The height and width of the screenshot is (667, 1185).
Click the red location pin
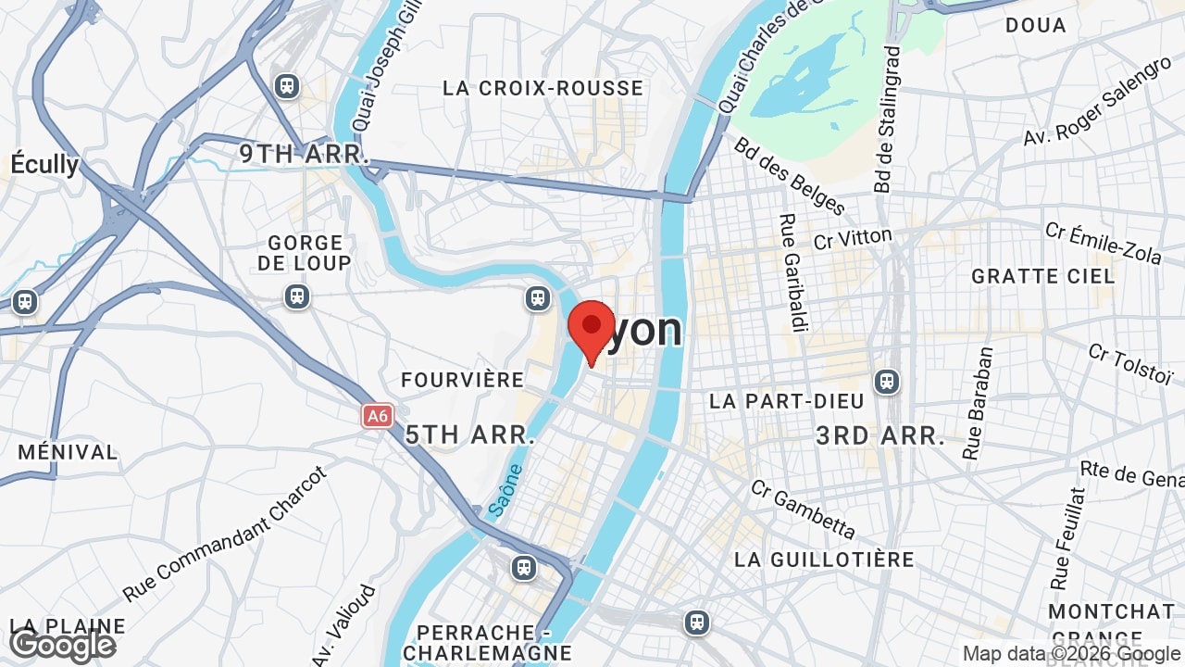pos(592,329)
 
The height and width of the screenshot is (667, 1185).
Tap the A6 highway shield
pos(377,416)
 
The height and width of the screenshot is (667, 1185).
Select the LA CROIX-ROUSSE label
pos(543,88)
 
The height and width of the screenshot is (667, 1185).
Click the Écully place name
pos(44,164)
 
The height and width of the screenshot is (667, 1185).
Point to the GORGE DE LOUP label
pos(305,253)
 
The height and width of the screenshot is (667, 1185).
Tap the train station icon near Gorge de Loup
pos(296,296)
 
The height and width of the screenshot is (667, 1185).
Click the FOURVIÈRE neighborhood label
pos(463,380)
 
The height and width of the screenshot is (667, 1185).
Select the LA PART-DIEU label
pos(786,401)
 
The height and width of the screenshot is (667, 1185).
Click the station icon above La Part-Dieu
pos(887,381)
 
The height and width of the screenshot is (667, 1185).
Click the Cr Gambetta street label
pos(803,509)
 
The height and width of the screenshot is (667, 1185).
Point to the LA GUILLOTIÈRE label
pos(824,560)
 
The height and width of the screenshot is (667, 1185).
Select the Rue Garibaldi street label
pos(790,272)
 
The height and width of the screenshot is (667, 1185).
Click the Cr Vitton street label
pos(853,238)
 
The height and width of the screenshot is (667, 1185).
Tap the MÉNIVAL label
pos(68,453)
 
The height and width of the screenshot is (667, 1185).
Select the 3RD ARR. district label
pos(880,436)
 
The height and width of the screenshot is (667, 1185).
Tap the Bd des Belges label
pos(789,176)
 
